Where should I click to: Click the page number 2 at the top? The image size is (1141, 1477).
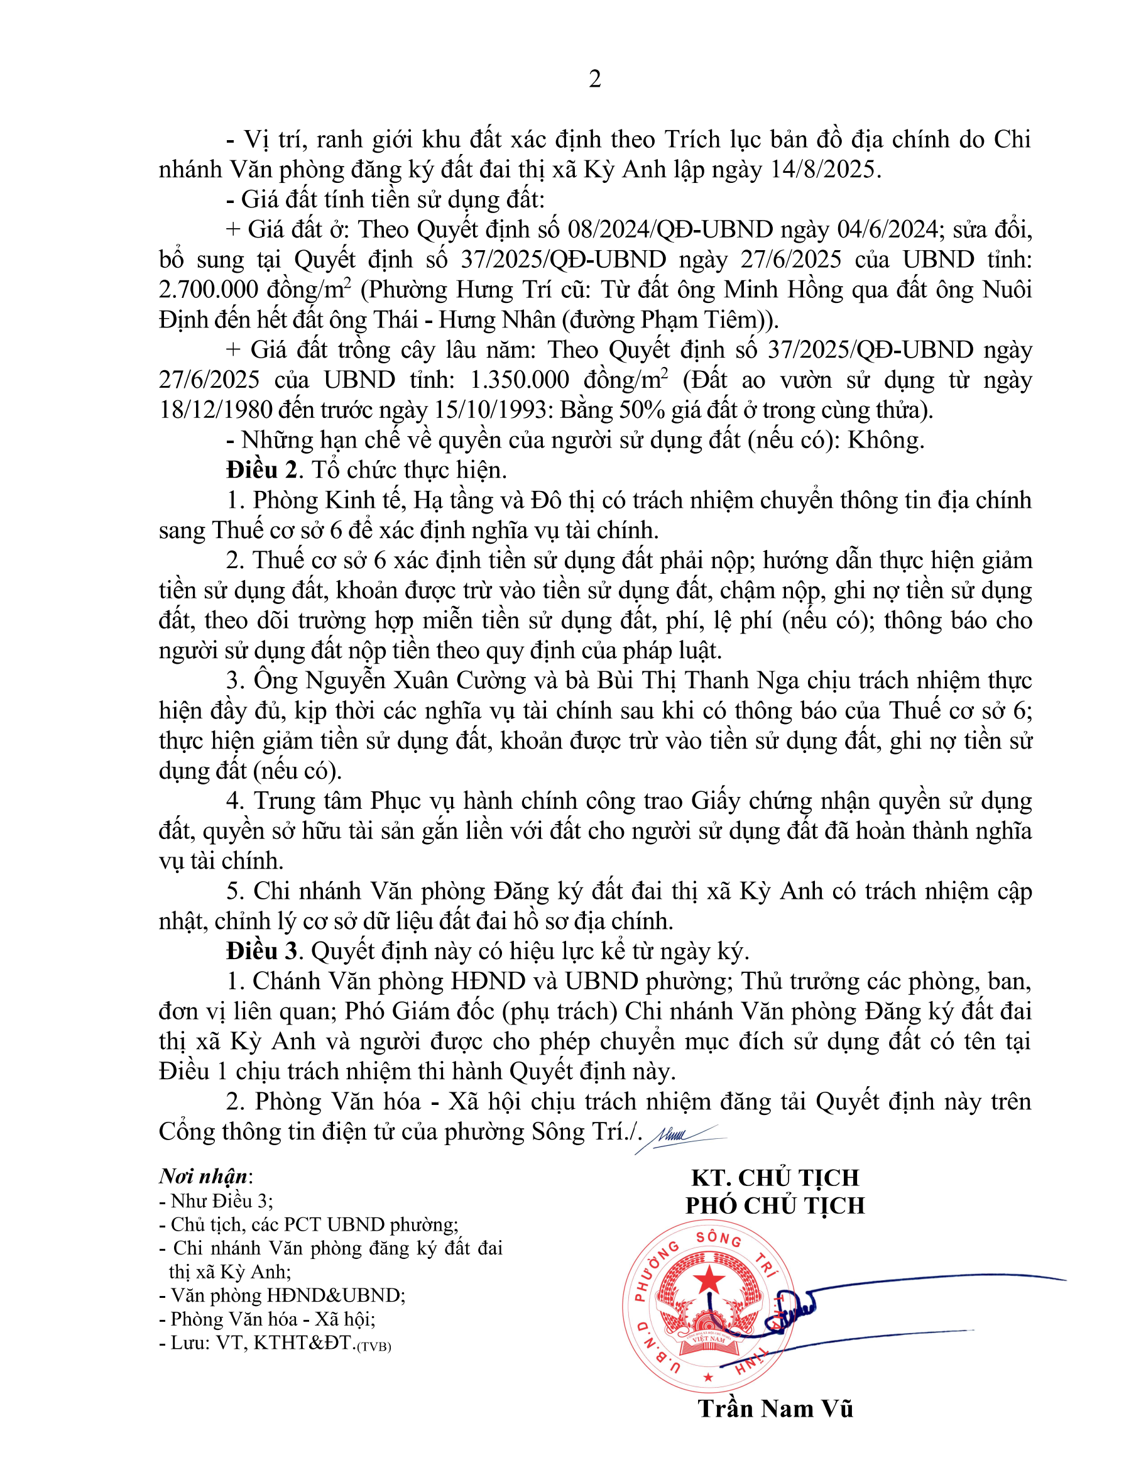(595, 79)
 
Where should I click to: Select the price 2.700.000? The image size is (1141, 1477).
(208, 290)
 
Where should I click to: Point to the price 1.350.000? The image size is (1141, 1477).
(519, 380)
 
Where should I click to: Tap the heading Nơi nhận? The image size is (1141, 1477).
(203, 1176)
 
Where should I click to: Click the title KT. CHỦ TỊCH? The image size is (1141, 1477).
(775, 1177)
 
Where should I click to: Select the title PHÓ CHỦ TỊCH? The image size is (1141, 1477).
(775, 1205)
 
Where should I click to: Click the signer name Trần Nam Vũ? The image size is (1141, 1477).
(775, 1408)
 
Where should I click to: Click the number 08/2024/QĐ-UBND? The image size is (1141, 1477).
(670, 229)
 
